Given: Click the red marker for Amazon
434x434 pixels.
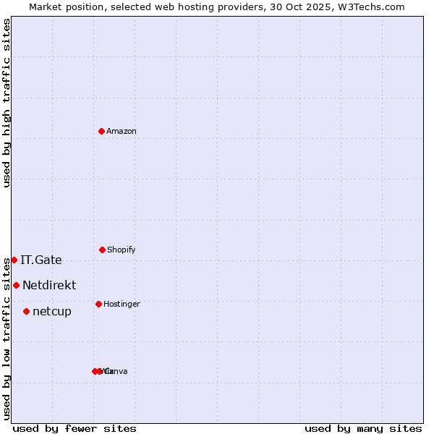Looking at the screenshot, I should click(102, 131).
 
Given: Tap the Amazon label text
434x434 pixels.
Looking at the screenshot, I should click(122, 131).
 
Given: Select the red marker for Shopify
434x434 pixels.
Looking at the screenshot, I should click(102, 250).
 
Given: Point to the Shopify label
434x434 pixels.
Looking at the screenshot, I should click(122, 250).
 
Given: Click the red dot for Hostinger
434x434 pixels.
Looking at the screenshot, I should click(98, 304).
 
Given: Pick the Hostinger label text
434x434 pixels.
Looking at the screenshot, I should click(122, 304).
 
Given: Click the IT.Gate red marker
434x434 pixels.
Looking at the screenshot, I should click(14, 260).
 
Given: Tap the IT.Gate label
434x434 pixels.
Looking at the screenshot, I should click(41, 260).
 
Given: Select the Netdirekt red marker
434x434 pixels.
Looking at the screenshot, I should click(16, 285).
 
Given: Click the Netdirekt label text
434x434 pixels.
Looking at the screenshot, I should click(49, 285).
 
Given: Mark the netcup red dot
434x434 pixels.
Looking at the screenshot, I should click(26, 311).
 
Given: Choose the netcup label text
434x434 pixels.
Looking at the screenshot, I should click(52, 311).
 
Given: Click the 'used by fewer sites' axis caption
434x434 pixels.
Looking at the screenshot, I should click(75, 428).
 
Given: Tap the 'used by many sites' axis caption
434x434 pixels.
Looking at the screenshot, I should click(363, 428).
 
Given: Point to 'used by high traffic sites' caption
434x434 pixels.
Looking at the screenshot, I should click(7, 103).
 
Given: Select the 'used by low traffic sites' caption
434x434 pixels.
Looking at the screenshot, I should click(7, 338).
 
